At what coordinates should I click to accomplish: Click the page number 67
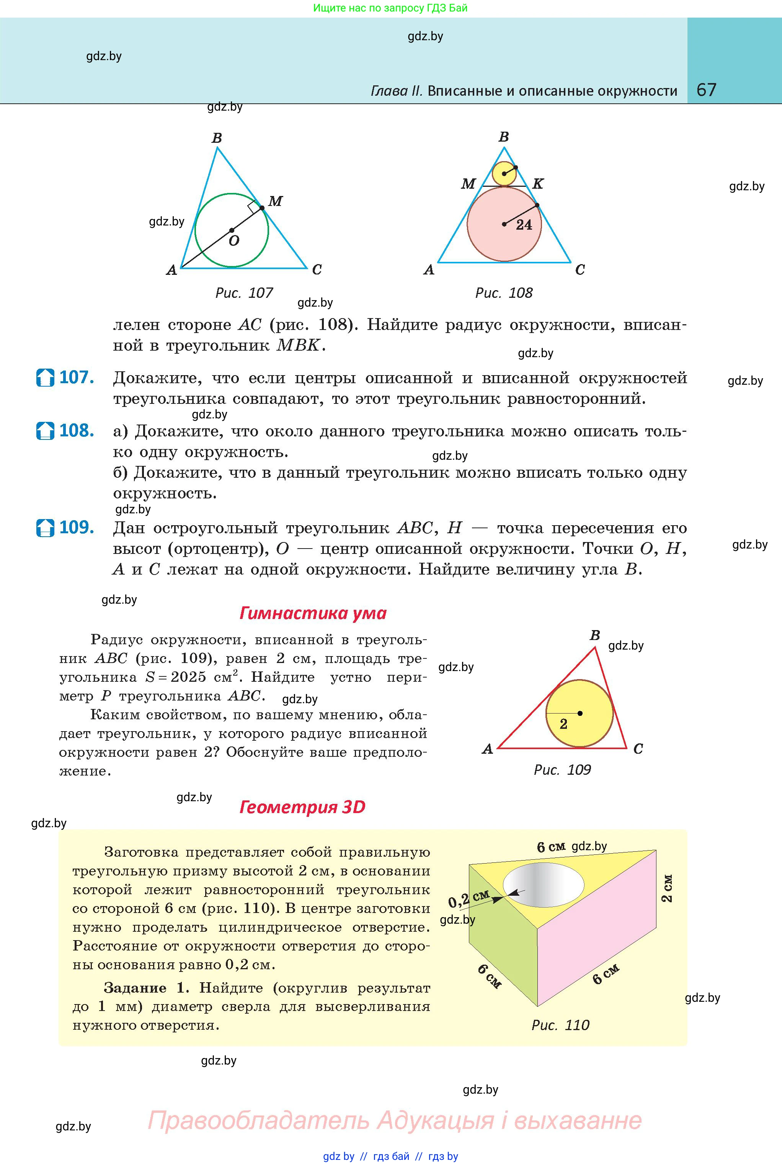coord(706,90)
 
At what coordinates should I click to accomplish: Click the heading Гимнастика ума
coord(313,613)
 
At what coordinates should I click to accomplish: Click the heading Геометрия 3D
coord(302,807)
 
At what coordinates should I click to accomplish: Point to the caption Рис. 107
coord(244,293)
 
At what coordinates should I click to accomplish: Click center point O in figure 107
coord(232,230)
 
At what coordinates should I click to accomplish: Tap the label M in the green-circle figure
coord(275,201)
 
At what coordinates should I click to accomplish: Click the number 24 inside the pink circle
coord(524,225)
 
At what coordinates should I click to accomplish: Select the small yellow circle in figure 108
coord(504,173)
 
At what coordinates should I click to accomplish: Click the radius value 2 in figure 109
coord(563,724)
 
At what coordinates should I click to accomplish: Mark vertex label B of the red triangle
coord(594,635)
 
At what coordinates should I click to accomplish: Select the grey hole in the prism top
coord(543,885)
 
